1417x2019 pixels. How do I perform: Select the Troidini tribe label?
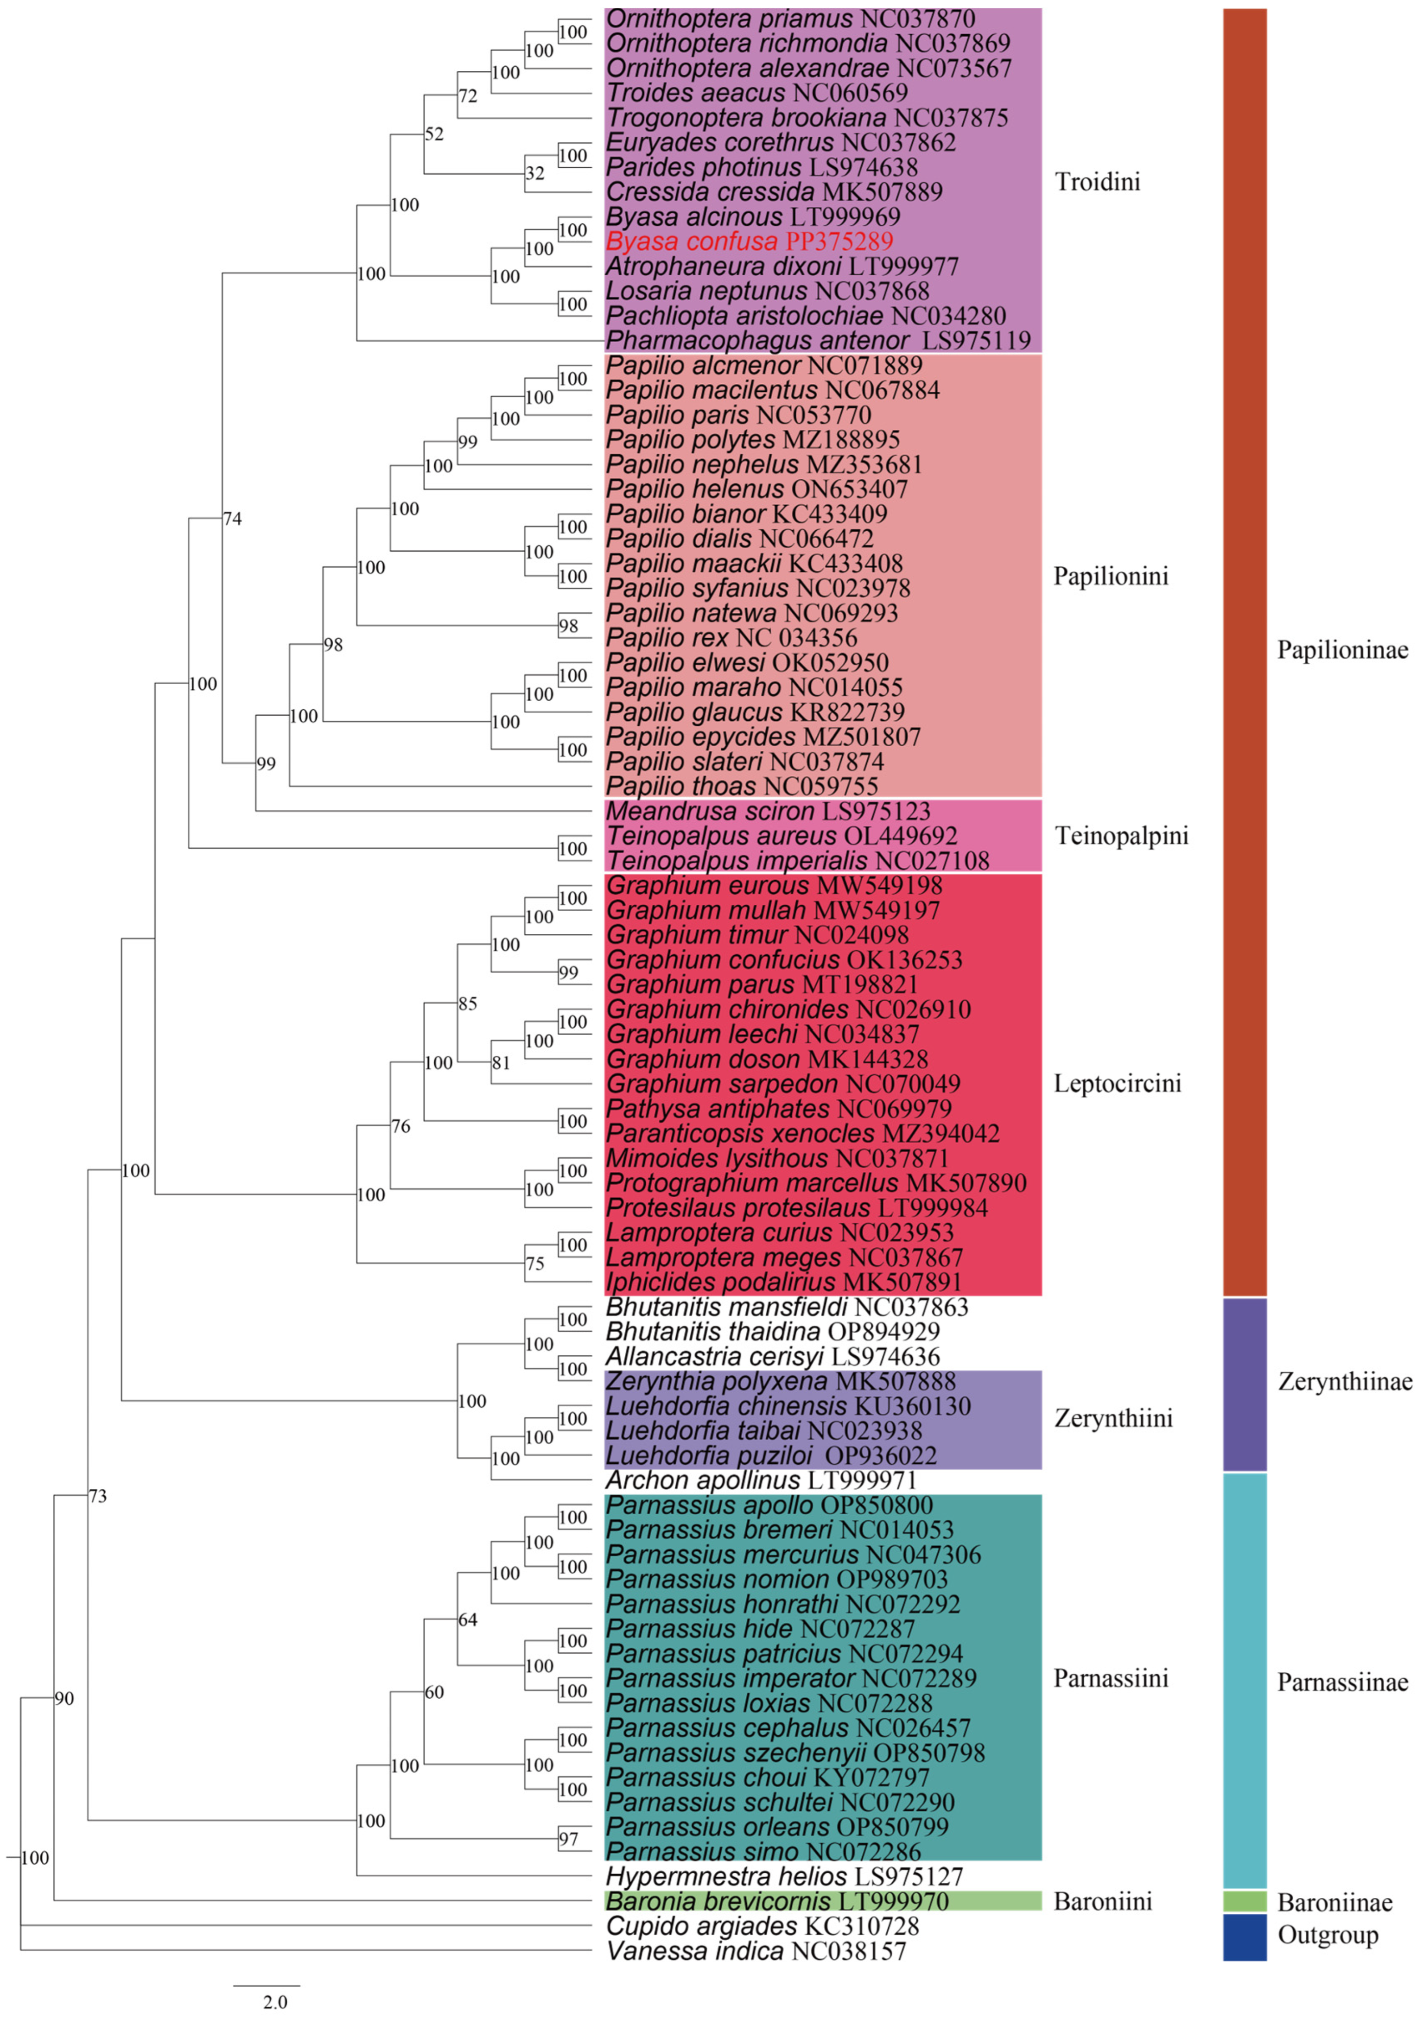(x=1097, y=182)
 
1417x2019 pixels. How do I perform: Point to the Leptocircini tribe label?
(x=1117, y=1083)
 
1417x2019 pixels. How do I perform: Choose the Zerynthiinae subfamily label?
(x=1344, y=1382)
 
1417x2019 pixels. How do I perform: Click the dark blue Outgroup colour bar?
(x=1244, y=1937)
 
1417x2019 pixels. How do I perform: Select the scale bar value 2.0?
(x=274, y=2002)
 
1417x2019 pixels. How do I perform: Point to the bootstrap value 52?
(x=434, y=134)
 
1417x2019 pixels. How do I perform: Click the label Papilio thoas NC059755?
(x=743, y=786)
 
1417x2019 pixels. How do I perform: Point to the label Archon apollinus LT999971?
(x=761, y=1481)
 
